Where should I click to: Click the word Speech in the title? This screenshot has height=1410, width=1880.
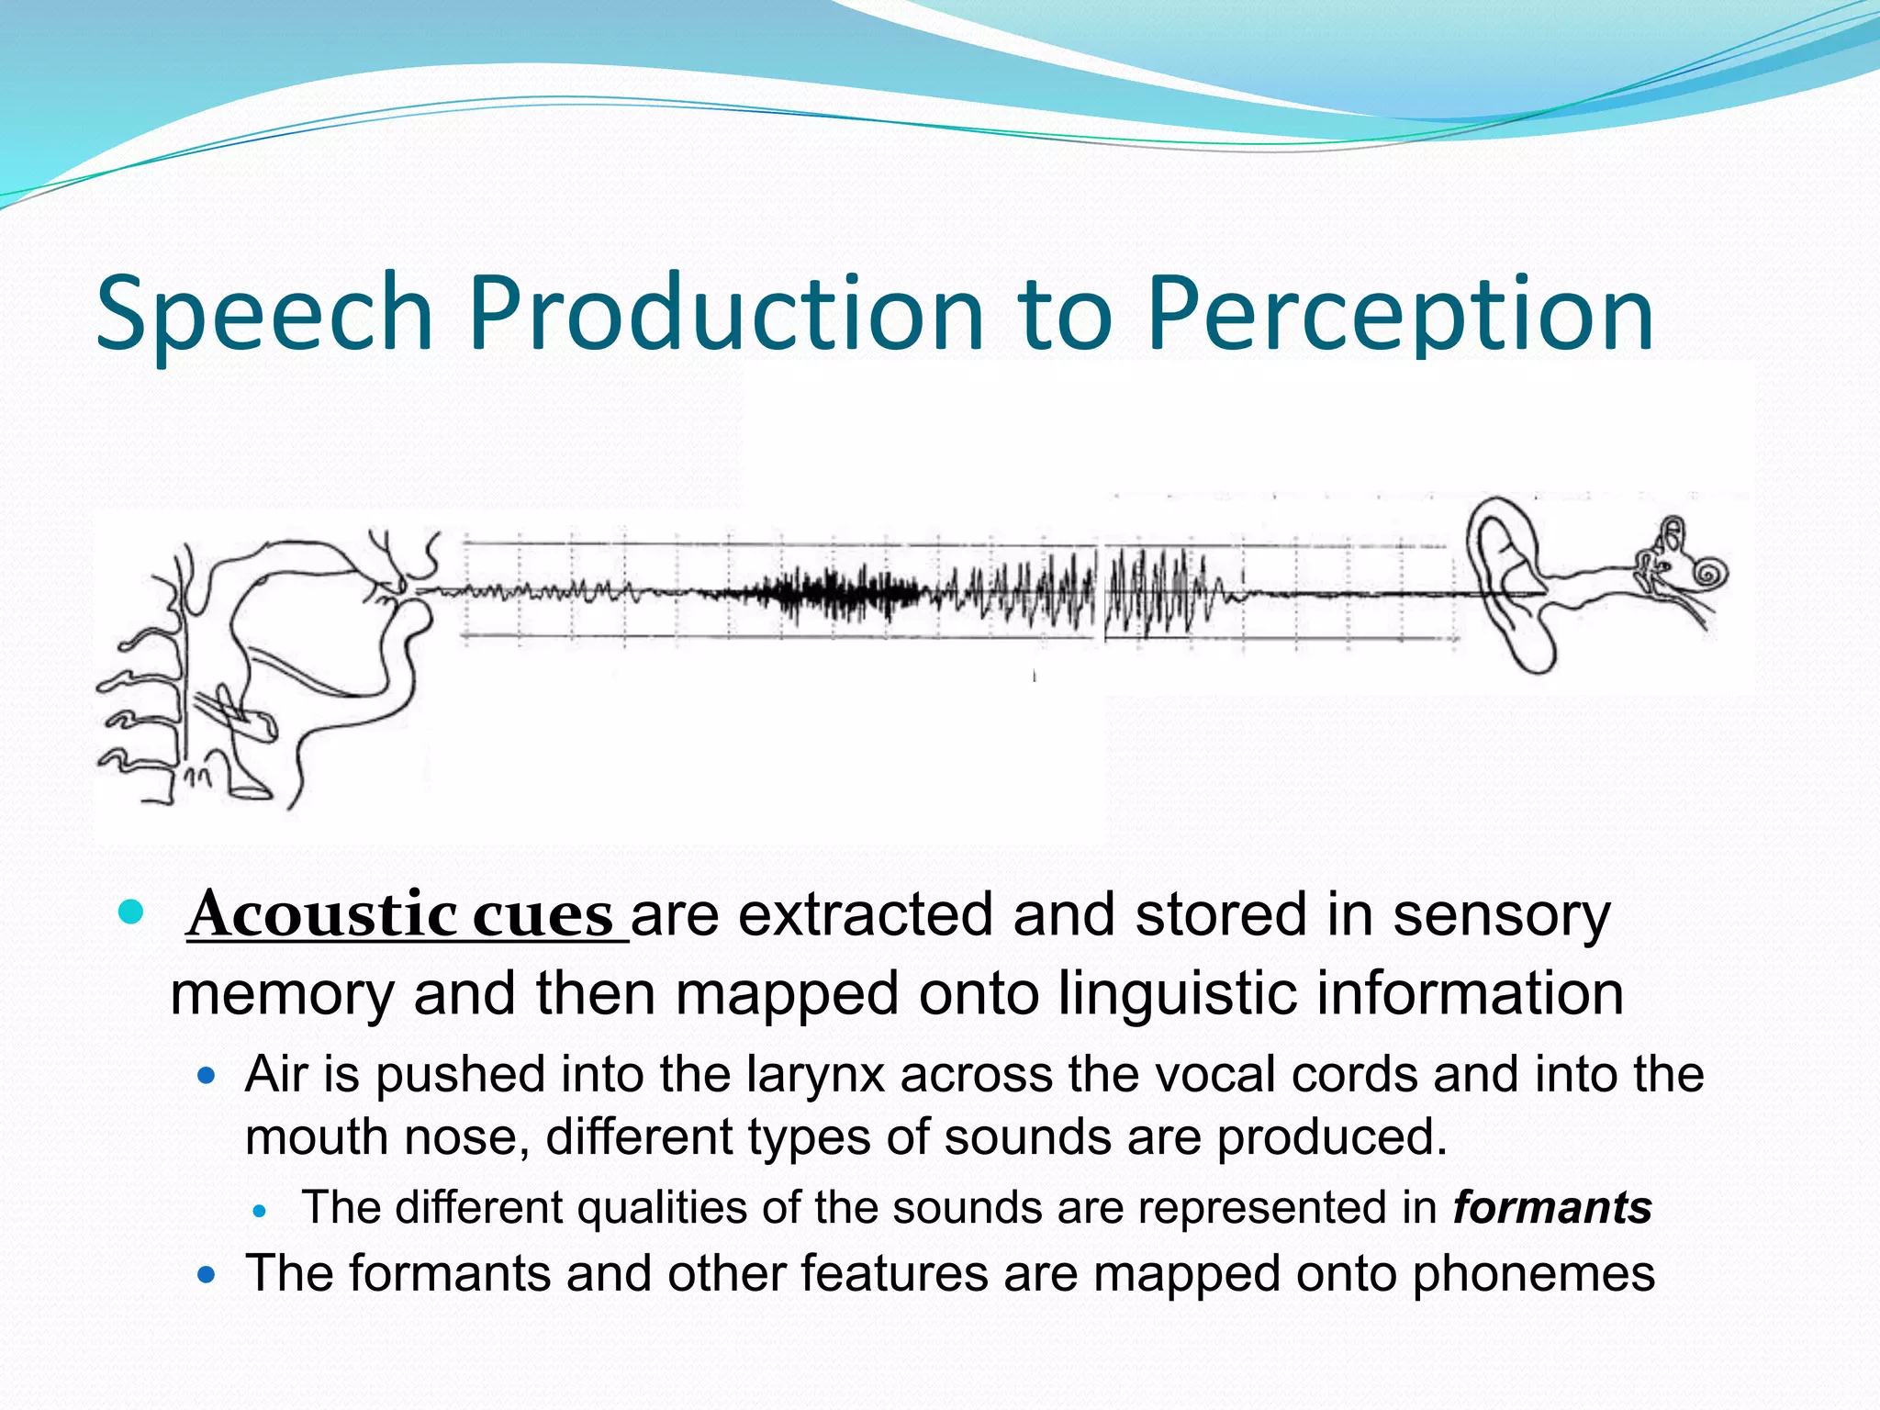(x=264, y=314)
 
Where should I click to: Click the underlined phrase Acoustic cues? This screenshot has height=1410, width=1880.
(x=402, y=915)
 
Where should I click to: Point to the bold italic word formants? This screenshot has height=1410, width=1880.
(x=1552, y=1207)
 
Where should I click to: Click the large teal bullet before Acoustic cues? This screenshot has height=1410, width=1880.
(x=132, y=913)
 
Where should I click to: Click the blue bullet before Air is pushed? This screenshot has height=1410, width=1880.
(x=207, y=1075)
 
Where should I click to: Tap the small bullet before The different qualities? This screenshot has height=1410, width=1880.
(x=260, y=1211)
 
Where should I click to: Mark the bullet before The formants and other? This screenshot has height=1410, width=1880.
(x=207, y=1275)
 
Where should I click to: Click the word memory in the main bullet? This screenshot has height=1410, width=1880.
(x=282, y=993)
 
